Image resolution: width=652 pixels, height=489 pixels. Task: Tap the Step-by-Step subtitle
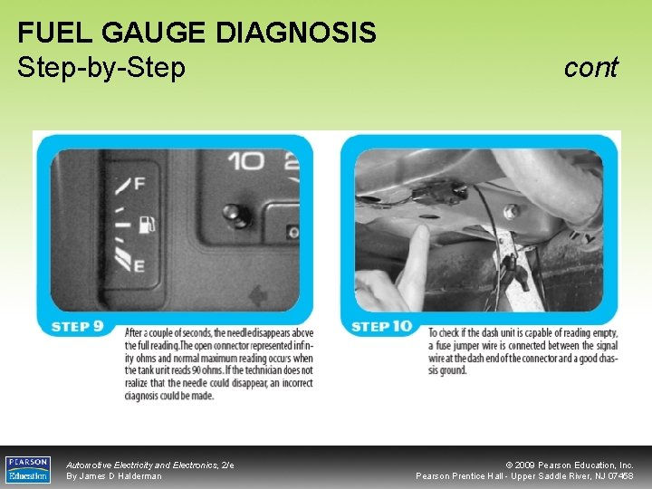coord(101,67)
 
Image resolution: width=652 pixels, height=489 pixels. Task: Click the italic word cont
coord(590,67)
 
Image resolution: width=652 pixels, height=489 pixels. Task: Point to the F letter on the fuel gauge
coord(139,184)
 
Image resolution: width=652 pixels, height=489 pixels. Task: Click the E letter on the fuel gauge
coord(139,265)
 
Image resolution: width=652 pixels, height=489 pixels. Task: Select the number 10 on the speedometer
coord(245,162)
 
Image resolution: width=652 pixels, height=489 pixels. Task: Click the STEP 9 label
coord(82,326)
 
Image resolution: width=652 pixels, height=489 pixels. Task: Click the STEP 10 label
coord(381,326)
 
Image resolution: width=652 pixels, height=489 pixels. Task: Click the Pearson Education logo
coord(28,469)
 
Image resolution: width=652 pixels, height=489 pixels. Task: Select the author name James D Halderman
coord(114,476)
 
